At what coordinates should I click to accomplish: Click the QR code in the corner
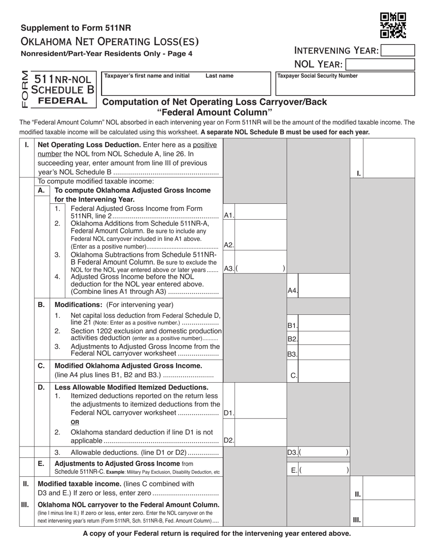(x=393, y=25)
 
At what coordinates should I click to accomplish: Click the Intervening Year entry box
(x=398, y=50)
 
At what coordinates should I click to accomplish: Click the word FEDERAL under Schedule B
(x=63, y=101)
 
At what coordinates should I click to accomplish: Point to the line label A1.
(x=229, y=216)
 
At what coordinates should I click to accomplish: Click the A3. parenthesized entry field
(x=261, y=268)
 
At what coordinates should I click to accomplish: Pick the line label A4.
(x=293, y=291)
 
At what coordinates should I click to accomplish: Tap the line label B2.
(x=293, y=339)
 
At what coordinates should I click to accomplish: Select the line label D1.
(x=229, y=413)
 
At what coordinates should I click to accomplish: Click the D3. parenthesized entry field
(x=324, y=452)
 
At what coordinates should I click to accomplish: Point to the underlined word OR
(x=75, y=422)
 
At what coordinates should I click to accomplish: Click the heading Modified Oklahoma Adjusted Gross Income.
(x=128, y=365)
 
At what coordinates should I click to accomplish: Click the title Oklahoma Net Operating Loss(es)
(x=109, y=42)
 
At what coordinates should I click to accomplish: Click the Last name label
(x=220, y=76)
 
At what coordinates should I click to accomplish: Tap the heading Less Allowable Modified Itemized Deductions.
(x=132, y=387)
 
